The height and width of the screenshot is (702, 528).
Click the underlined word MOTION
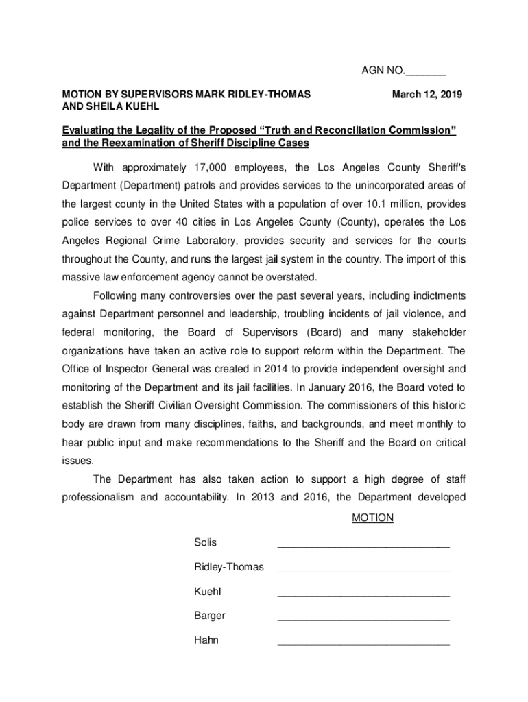point(372,518)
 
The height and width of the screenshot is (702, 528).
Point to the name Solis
point(205,542)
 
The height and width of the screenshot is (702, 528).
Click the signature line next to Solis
point(363,546)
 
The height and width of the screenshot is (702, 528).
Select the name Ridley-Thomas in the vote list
point(228,567)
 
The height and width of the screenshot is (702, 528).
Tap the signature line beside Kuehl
point(363,595)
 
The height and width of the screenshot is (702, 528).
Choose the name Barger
point(209,616)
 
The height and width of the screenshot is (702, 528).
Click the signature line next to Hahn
point(363,644)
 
